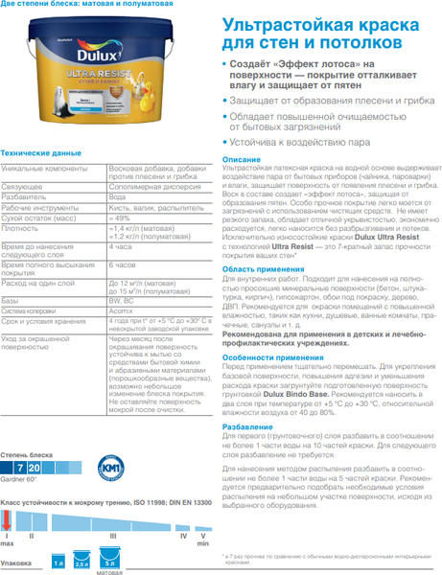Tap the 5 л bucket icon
109,560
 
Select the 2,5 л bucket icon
82,561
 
